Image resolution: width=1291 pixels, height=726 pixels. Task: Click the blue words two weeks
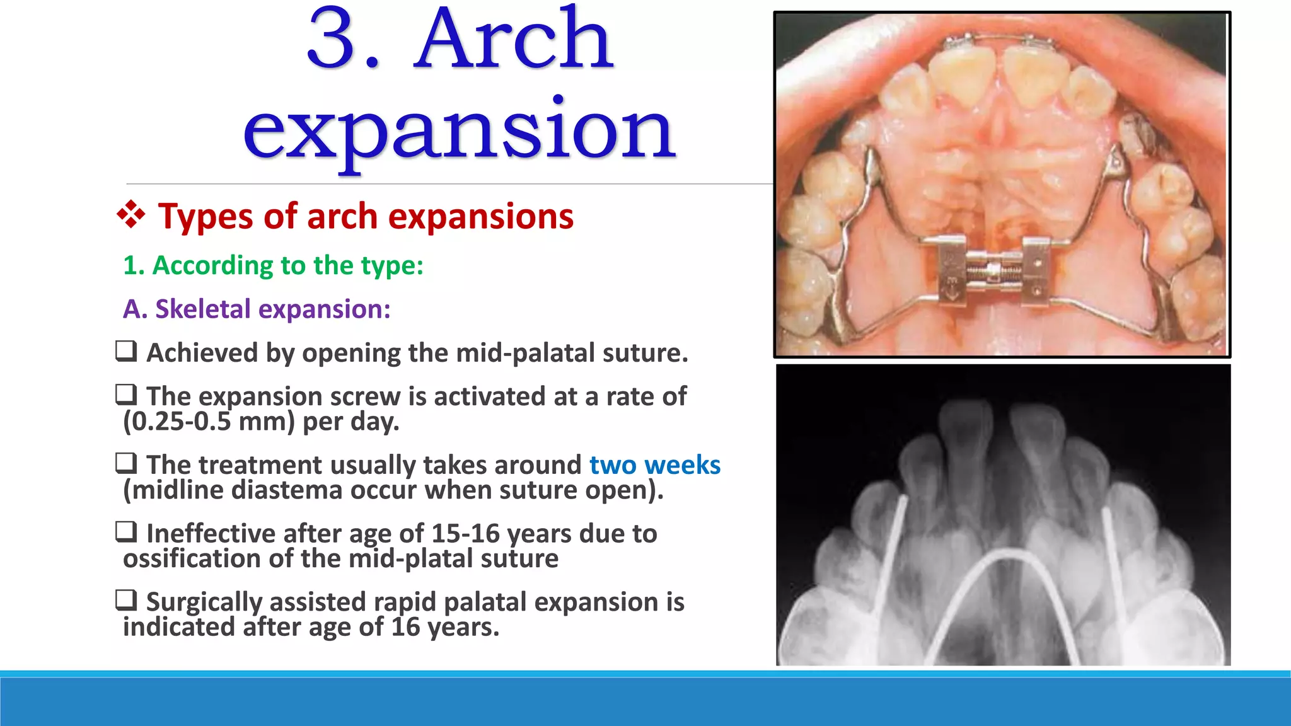(654, 465)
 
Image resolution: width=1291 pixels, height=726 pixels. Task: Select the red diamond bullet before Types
(131, 215)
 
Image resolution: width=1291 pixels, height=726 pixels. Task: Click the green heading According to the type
(273, 265)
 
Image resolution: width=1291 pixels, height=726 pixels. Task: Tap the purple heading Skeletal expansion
(257, 309)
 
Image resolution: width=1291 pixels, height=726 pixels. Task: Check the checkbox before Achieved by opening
(126, 351)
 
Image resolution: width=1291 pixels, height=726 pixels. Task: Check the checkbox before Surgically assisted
(126, 600)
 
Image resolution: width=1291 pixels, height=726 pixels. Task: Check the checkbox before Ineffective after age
(126, 532)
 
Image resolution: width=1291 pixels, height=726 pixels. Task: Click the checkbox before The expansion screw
(126, 395)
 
